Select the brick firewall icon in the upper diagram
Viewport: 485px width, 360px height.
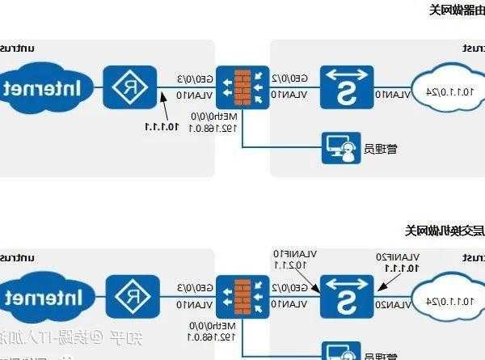[242, 87]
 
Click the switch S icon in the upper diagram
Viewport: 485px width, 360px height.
[346, 87]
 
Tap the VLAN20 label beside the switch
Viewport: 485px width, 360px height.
[393, 304]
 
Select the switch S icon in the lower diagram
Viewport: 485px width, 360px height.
[346, 295]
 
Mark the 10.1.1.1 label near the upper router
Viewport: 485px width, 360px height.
[162, 125]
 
